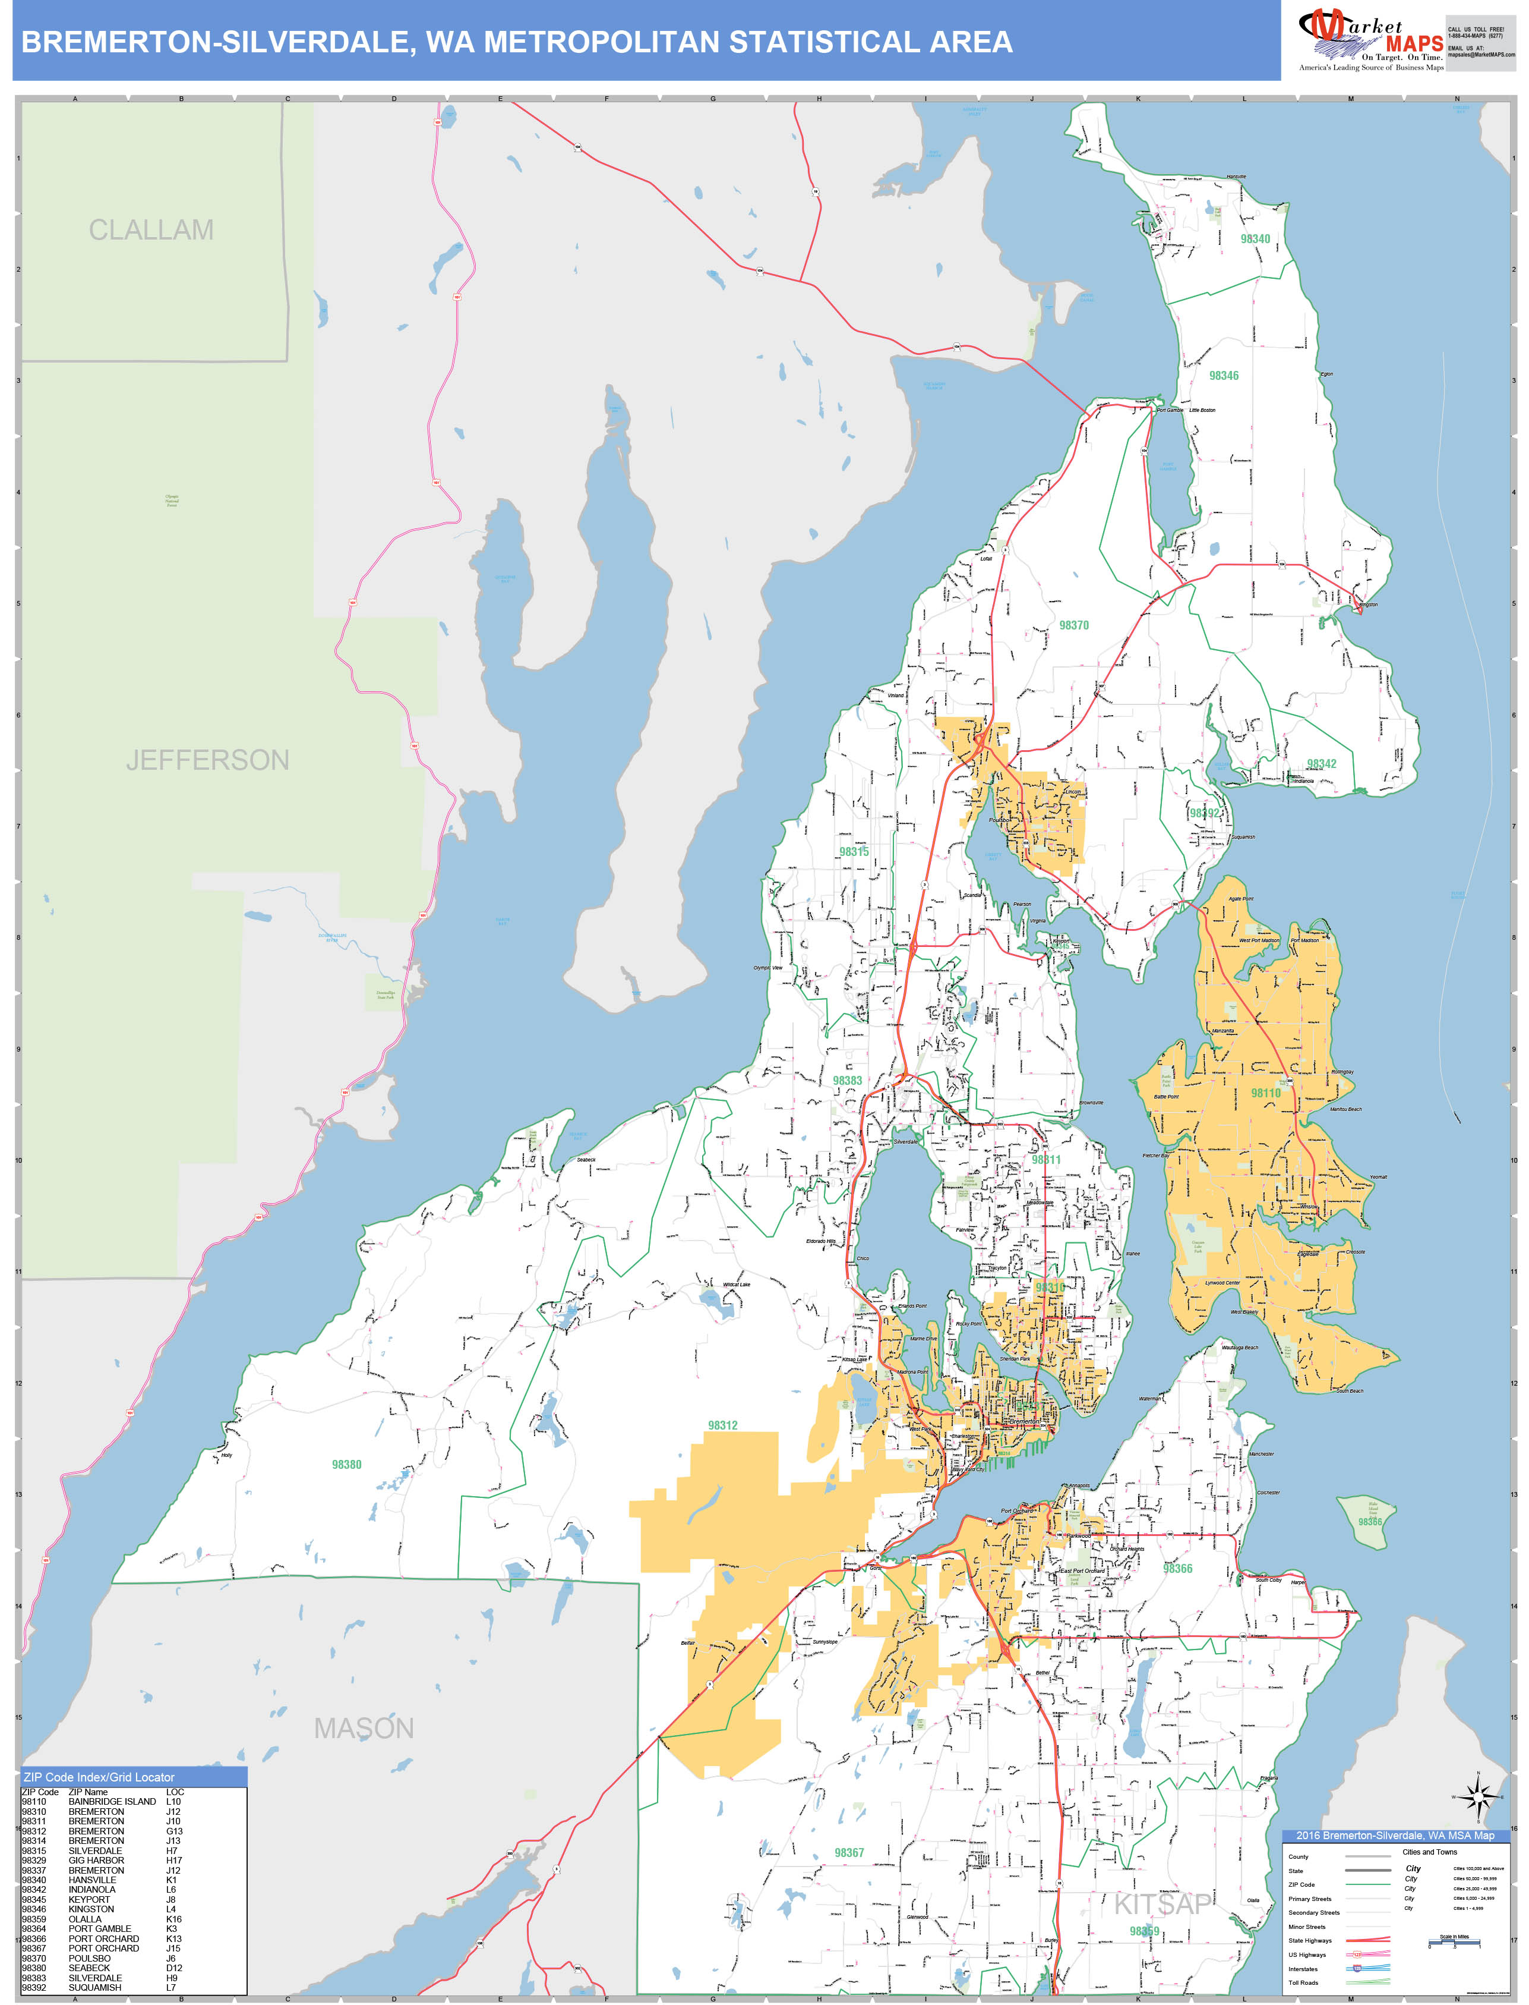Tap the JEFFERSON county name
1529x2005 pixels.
pos(207,760)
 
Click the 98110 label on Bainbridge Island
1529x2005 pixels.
pos(1265,1093)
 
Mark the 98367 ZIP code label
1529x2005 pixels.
pos(849,1852)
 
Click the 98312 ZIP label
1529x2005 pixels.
pos(723,1425)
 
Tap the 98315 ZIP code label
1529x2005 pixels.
pos(854,851)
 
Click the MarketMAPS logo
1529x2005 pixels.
pos(1370,42)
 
